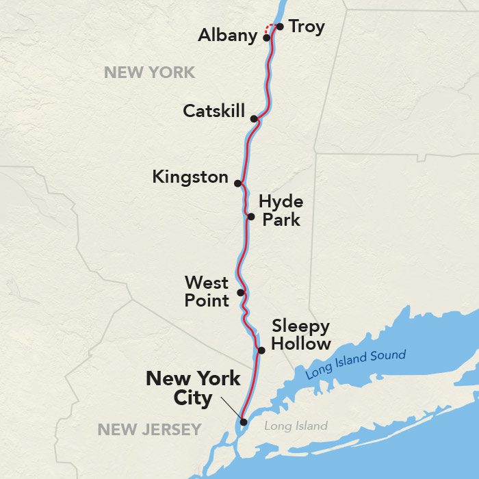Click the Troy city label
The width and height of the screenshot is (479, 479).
click(307, 27)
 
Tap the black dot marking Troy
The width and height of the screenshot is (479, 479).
click(280, 27)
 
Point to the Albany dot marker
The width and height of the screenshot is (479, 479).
click(266, 38)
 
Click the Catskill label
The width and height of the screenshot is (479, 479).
click(213, 111)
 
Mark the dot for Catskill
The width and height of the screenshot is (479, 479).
click(254, 119)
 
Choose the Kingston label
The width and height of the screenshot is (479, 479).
click(190, 177)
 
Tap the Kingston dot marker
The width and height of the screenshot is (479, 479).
click(237, 183)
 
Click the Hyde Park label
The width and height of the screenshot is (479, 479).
click(281, 211)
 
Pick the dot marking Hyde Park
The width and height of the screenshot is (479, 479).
click(250, 217)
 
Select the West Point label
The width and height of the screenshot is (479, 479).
click(207, 291)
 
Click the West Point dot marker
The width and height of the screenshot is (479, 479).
click(240, 292)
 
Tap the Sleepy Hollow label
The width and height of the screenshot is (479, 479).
click(301, 335)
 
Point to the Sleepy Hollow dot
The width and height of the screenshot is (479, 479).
click(261, 350)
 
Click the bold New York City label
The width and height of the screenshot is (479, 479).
click(193, 388)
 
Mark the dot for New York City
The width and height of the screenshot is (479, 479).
click(243, 422)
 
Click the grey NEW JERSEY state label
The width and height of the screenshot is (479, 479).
click(149, 430)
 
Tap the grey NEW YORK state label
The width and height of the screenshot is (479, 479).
click(149, 72)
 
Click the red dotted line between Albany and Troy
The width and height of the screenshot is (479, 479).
click(270, 27)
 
